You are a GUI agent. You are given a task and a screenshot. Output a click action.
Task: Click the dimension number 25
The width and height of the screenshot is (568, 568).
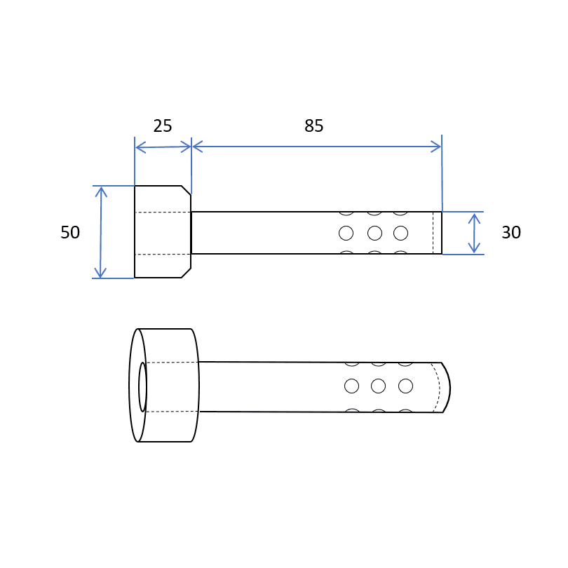pyautogui.click(x=162, y=126)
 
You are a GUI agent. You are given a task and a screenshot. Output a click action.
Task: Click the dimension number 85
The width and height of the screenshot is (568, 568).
pyautogui.click(x=313, y=126)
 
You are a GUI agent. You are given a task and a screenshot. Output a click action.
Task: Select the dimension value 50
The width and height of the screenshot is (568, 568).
pyautogui.click(x=70, y=232)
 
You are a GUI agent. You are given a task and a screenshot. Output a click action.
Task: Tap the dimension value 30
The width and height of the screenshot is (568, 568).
pyautogui.click(x=511, y=232)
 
